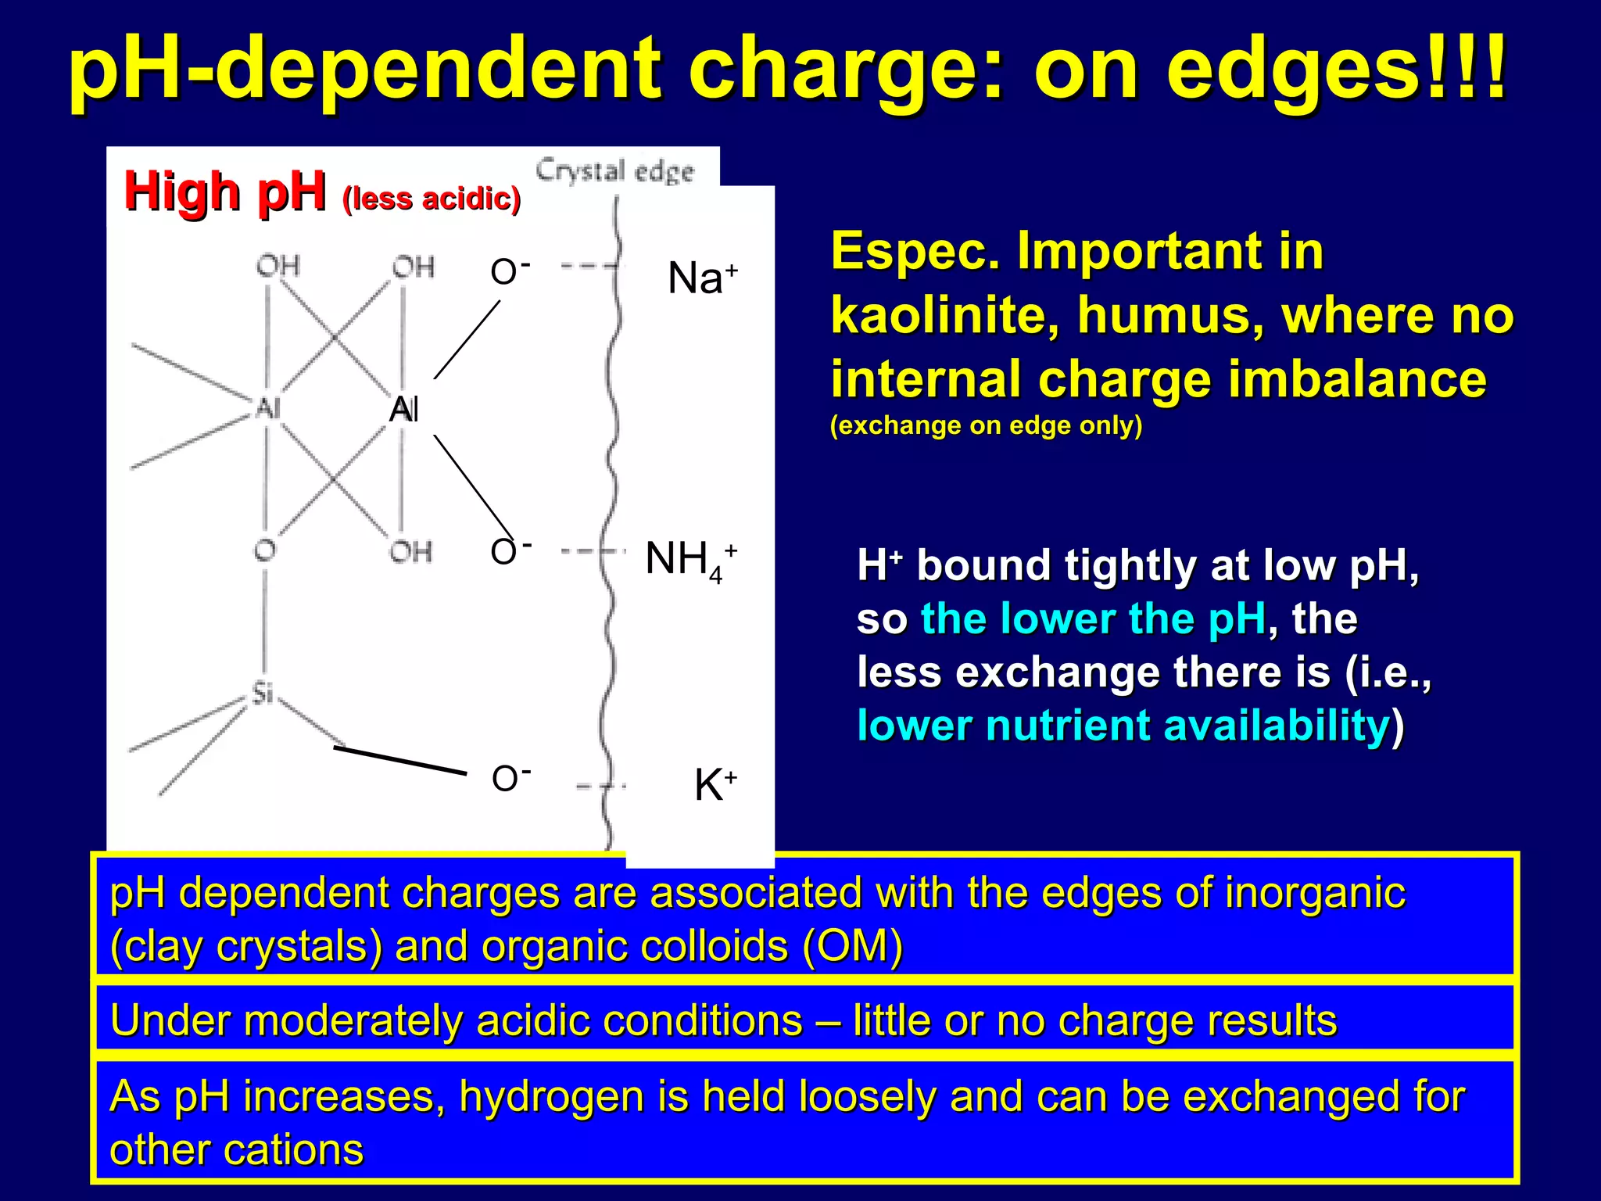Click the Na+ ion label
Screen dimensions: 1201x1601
pos(701,278)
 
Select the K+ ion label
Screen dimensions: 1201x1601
pos(715,784)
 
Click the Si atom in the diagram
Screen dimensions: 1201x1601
pos(263,693)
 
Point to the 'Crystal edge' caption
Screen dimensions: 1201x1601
pos(614,171)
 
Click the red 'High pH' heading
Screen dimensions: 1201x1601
pos(224,192)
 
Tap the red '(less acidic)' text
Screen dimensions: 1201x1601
pos(432,199)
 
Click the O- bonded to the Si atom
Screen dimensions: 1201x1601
pos(510,779)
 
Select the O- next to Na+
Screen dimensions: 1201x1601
pos(510,272)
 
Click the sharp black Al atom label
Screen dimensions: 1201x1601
pos(404,409)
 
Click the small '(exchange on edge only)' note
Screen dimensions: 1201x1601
pos(986,425)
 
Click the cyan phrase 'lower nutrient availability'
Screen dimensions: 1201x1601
pos(1123,726)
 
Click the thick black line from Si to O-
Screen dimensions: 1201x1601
pos(399,760)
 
